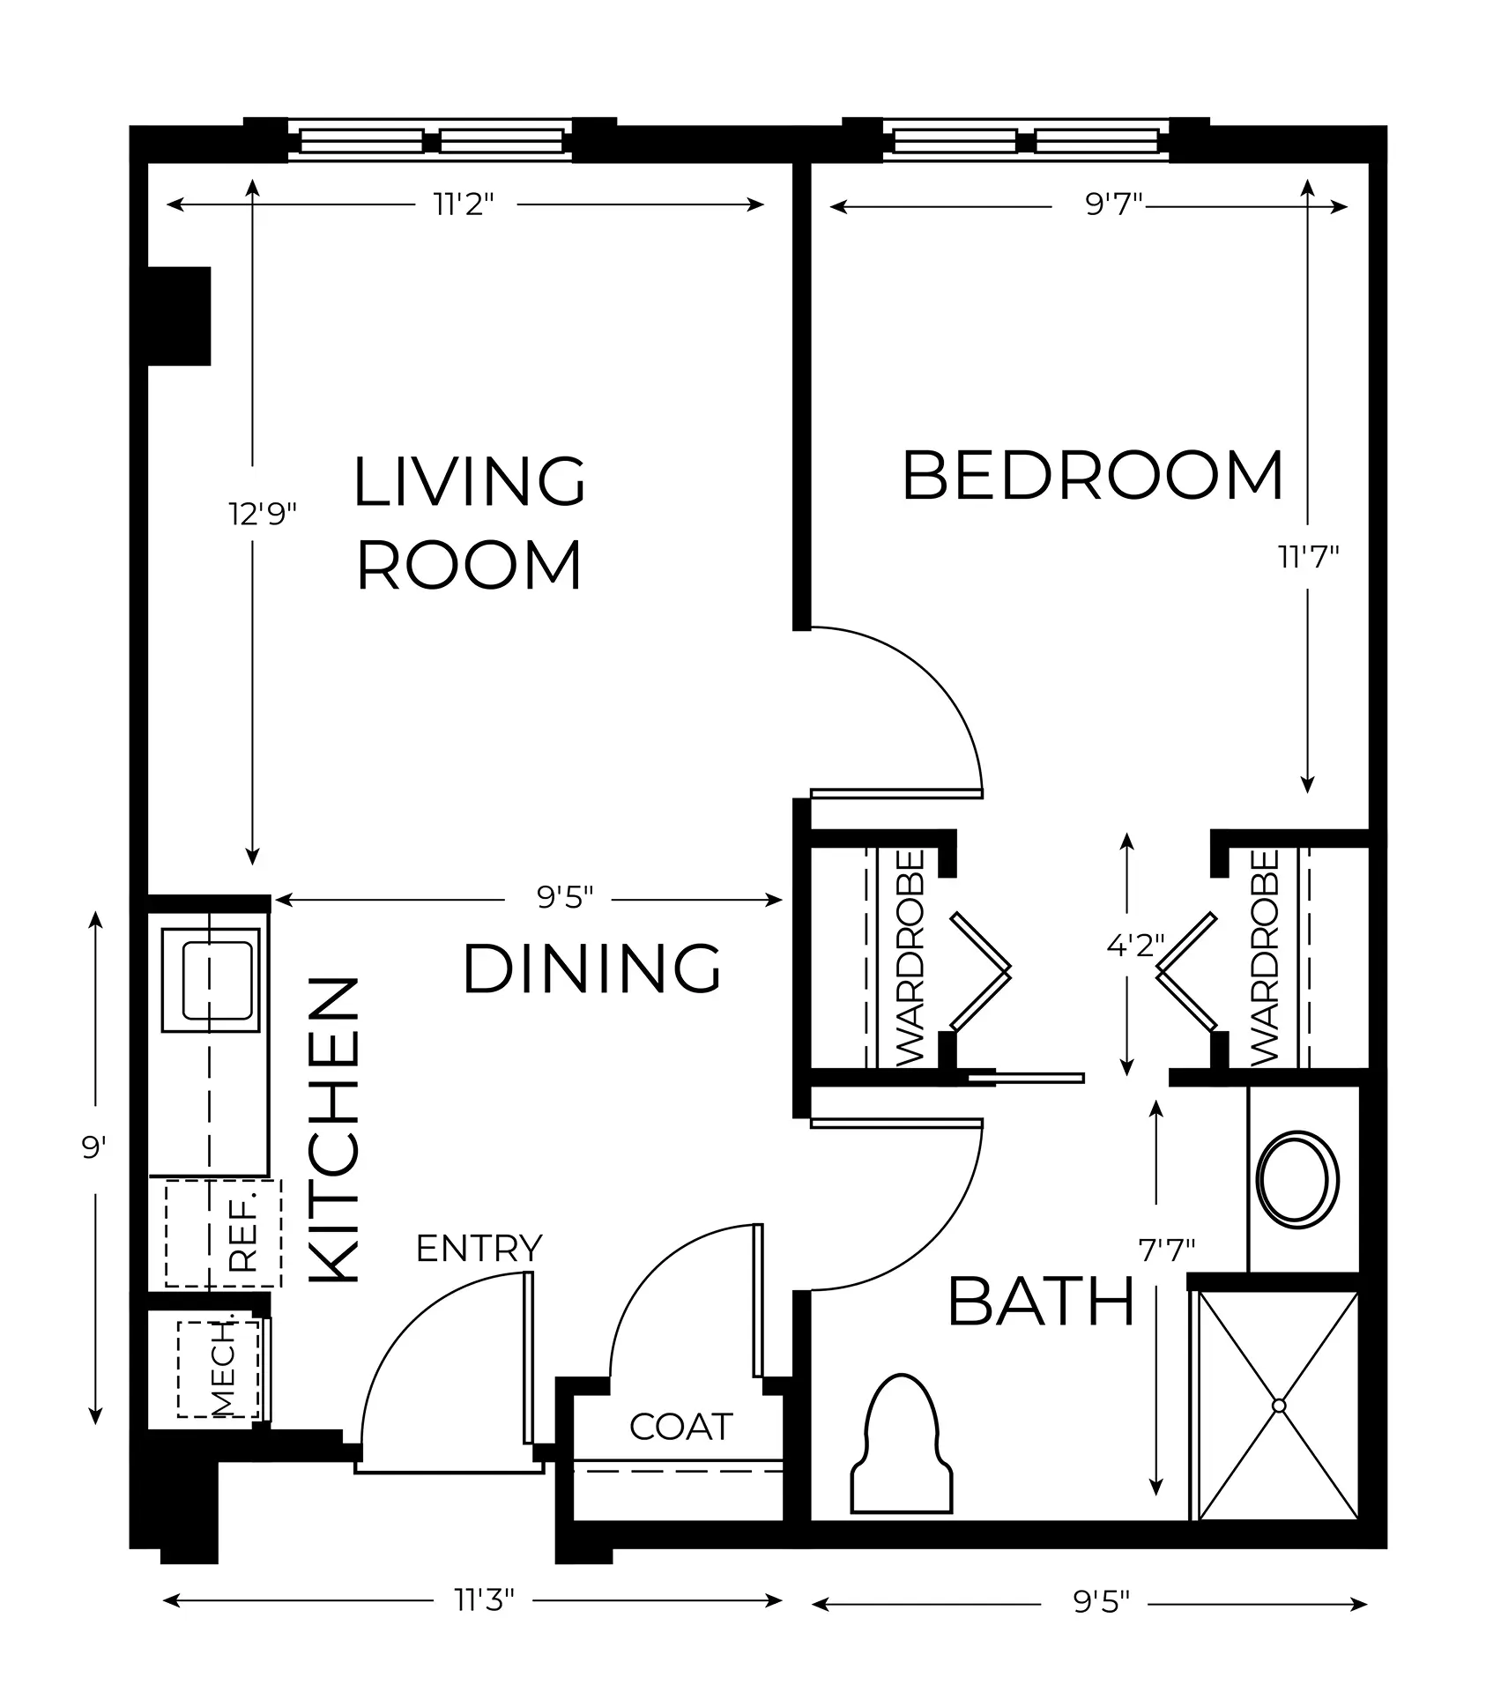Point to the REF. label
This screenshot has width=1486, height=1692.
(242, 1231)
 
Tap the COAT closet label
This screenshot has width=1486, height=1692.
(680, 1426)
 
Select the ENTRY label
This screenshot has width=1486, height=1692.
(479, 1248)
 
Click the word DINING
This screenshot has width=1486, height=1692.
(592, 968)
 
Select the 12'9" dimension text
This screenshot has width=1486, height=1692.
(263, 513)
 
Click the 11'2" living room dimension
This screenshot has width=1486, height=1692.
(464, 204)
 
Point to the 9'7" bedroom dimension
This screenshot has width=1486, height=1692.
(1113, 205)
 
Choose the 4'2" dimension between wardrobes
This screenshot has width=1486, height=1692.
(1136, 946)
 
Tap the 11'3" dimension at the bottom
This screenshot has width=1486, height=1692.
(484, 1599)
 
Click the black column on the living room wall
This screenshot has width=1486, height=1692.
(179, 315)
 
